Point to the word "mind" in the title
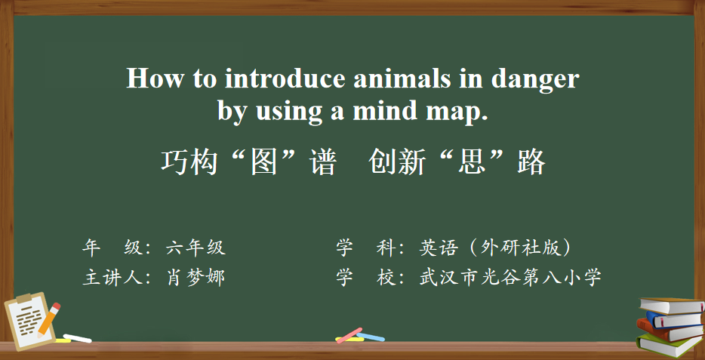(385, 110)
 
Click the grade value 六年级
(195, 248)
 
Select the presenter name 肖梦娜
(195, 278)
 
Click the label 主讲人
(112, 278)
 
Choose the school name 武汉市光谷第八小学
(510, 278)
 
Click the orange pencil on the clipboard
(48, 320)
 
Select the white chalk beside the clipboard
(77, 338)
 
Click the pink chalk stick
(349, 335)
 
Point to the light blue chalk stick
(371, 337)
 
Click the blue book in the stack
(674, 320)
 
